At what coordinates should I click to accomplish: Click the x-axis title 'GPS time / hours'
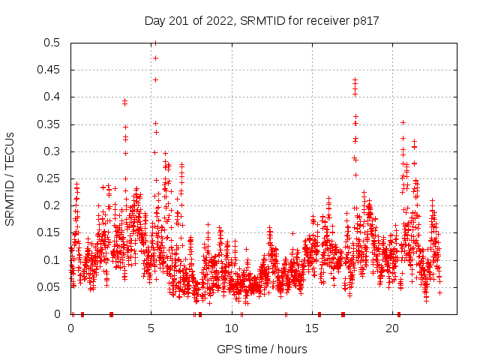[x=262, y=349]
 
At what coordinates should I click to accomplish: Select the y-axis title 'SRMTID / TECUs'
[x=10, y=178]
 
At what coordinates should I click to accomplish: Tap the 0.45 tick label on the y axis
[x=51, y=70]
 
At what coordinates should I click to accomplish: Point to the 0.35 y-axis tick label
[x=51, y=124]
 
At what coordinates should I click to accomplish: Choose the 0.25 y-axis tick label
[x=51, y=178]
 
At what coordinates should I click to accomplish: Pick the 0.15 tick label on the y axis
[x=51, y=232]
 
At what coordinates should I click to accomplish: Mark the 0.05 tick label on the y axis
[x=51, y=287]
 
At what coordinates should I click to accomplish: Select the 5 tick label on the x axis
[x=151, y=328]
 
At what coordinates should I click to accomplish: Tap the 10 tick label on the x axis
[x=232, y=328]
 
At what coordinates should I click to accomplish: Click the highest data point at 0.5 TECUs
[x=155, y=43]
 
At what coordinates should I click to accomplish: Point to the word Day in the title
[x=154, y=21]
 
